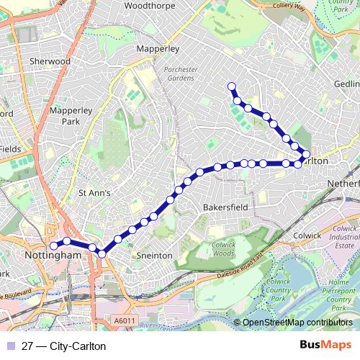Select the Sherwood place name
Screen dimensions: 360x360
50,62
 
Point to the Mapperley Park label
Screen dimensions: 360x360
68,117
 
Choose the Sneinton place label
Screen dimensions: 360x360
154,255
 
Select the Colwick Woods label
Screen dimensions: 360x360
224,249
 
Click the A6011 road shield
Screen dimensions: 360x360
125,320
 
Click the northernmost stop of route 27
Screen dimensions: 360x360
232,87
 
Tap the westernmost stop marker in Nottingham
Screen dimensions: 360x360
53,246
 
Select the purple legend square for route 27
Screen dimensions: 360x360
9,346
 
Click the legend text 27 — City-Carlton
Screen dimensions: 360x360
63,346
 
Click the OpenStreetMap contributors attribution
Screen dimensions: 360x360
297,323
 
